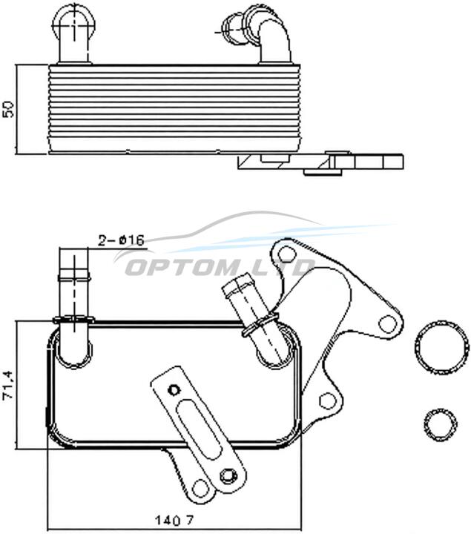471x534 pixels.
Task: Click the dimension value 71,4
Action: (x=8, y=384)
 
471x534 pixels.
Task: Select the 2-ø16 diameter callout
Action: (x=121, y=240)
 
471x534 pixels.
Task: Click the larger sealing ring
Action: (x=440, y=347)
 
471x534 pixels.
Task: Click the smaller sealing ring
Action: (x=441, y=424)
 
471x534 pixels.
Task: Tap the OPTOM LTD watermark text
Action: (x=219, y=267)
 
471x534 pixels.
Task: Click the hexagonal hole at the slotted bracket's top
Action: (x=174, y=389)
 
